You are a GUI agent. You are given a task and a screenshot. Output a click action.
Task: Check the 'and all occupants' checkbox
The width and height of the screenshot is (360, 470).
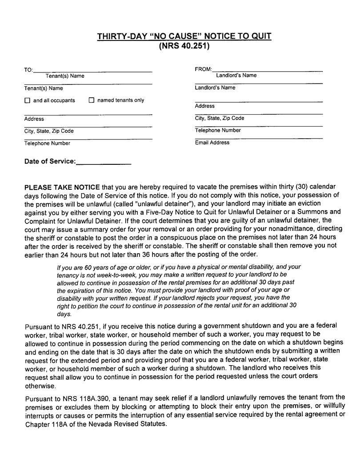[x=28, y=100]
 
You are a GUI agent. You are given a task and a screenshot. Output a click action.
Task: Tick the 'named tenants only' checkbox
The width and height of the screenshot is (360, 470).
[x=92, y=100]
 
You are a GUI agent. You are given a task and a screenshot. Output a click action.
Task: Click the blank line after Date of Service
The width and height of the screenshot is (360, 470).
[x=104, y=162]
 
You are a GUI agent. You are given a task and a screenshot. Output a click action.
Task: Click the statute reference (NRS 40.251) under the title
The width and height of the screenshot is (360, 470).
[x=184, y=46]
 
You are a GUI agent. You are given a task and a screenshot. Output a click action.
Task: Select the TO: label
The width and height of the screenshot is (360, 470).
[x=28, y=70]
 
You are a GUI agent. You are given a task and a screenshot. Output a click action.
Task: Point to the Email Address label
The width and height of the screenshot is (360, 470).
[x=212, y=143]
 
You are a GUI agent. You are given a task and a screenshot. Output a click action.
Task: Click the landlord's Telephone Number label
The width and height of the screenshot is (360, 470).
[x=218, y=130]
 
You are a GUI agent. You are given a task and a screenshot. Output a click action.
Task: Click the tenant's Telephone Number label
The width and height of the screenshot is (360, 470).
[x=47, y=143]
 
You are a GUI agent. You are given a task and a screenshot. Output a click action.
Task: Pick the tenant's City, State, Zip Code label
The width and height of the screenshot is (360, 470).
[x=49, y=131]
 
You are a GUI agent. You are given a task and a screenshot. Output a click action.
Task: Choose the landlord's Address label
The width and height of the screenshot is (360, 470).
[x=204, y=106]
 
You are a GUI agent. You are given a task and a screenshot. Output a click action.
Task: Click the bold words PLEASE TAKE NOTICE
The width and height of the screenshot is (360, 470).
[x=62, y=187]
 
